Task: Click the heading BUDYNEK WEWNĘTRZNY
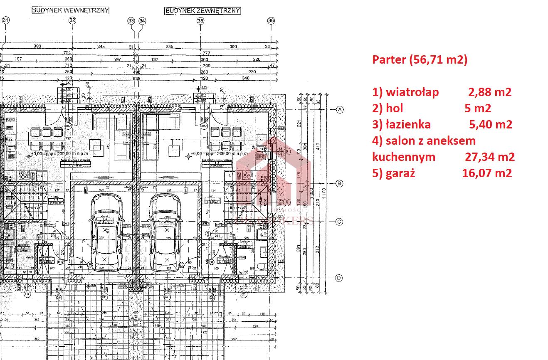pyautogui.click(x=70, y=10)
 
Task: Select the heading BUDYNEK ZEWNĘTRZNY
pyautogui.click(x=202, y=11)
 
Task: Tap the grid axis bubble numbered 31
pyautogui.click(x=6, y=20)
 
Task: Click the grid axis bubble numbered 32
pyautogui.click(x=72, y=20)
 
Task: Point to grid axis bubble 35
pyautogui.click(x=200, y=20)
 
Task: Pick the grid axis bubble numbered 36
pyautogui.click(x=271, y=20)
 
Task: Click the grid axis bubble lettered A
pyautogui.click(x=340, y=110)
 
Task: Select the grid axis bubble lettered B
pyautogui.click(x=340, y=183)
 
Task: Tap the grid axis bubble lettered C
pyautogui.click(x=340, y=222)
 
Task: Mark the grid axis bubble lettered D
pyautogui.click(x=340, y=278)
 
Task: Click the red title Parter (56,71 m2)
pyautogui.click(x=420, y=60)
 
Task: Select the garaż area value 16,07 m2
pyautogui.click(x=487, y=173)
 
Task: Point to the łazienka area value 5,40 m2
pyautogui.click(x=490, y=124)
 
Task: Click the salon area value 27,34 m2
pyautogui.click(x=489, y=157)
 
